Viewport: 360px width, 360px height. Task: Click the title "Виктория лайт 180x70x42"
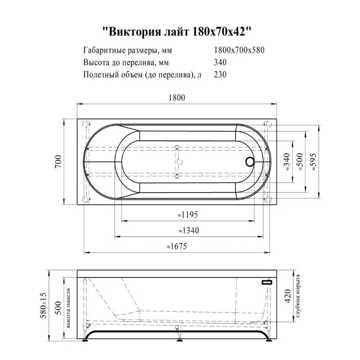[x=180, y=31]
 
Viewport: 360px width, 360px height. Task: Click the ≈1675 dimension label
[x=176, y=247]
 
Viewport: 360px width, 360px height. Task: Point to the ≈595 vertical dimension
[x=313, y=161]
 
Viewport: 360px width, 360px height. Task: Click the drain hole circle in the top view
[x=250, y=161]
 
